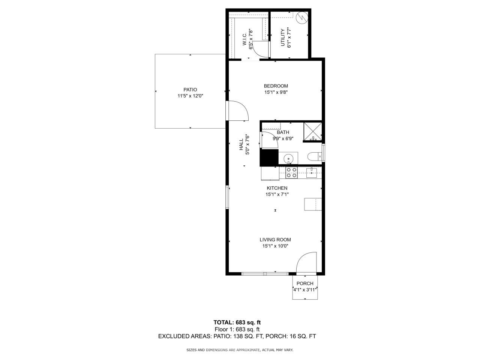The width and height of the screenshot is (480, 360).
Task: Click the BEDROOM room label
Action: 276,86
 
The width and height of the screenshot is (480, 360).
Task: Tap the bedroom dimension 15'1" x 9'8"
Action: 276,92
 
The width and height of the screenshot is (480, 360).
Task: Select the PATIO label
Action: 190,90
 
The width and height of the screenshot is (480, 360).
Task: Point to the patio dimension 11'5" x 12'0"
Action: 190,96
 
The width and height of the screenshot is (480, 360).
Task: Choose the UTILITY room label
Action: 283,37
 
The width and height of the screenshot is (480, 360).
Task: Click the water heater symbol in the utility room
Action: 301,18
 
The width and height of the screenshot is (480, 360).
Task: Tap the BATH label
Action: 283,132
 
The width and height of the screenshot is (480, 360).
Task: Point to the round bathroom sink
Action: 288,158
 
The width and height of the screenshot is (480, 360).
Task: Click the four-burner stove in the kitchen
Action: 292,172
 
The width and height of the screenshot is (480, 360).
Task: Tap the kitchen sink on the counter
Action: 312,172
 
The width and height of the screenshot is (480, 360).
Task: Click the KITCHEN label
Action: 277,188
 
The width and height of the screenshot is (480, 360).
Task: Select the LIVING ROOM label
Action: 275,240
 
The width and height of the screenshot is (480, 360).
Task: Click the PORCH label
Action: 304,283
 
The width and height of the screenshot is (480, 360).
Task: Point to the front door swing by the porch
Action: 306,262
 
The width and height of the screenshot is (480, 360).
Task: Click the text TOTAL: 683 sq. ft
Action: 237,322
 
